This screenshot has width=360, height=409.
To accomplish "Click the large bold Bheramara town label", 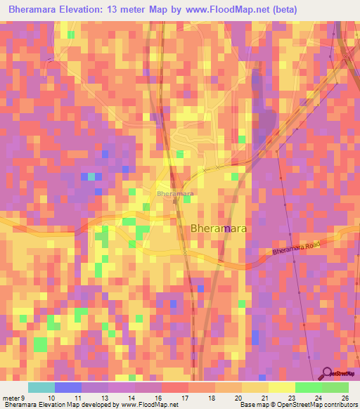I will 218,228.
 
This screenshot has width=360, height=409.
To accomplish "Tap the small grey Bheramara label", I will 175,193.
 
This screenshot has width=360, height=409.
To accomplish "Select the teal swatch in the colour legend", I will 41,388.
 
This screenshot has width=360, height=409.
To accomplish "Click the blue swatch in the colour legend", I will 67,388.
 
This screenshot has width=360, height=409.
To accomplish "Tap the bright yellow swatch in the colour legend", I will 281,388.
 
